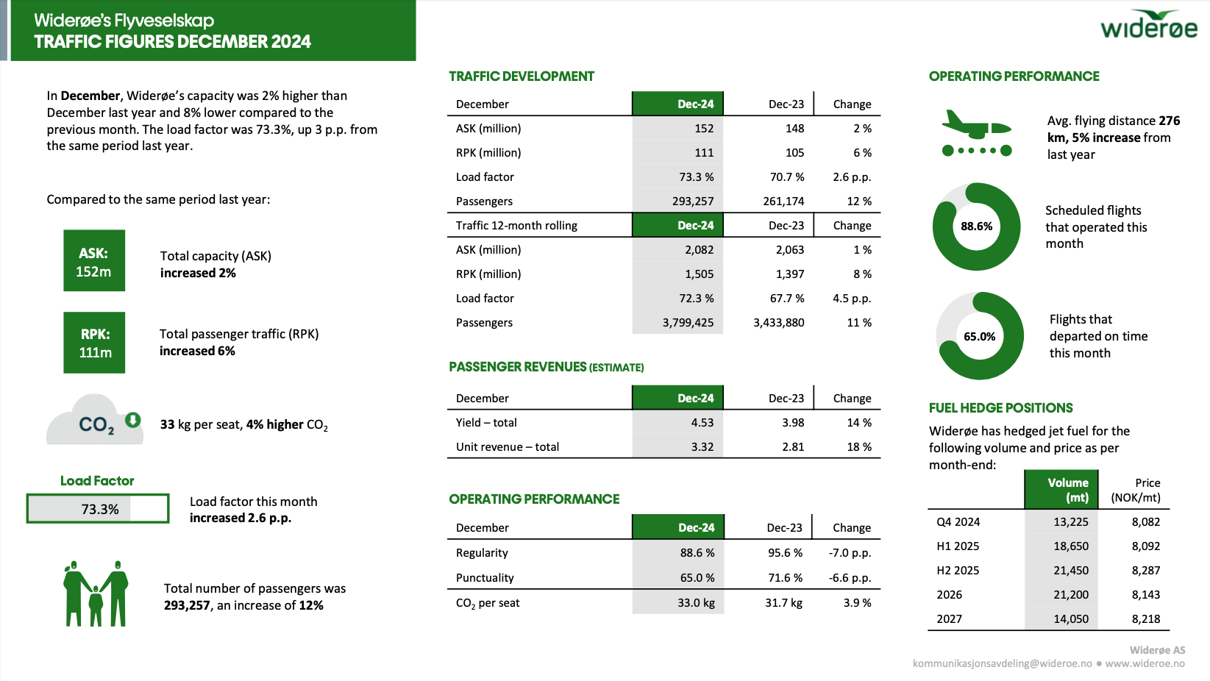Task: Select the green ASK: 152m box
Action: [x=94, y=261]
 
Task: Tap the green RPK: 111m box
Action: [x=94, y=343]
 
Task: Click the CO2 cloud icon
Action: [x=94, y=421]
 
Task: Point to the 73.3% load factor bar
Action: [x=98, y=509]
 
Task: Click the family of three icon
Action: [x=96, y=594]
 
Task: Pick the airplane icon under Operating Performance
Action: [x=977, y=132]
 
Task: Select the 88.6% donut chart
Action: [x=976, y=227]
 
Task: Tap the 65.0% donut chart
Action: [x=979, y=336]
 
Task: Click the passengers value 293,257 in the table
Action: [x=692, y=202]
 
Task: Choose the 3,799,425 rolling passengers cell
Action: [x=688, y=323]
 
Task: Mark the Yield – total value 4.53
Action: [x=702, y=423]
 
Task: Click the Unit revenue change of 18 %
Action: [x=858, y=447]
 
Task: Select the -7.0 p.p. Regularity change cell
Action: [x=850, y=553]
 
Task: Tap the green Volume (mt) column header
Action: [x=1061, y=490]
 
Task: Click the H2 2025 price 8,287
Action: [x=1145, y=571]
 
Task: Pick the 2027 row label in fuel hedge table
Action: [x=949, y=619]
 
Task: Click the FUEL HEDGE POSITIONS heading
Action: [x=1000, y=408]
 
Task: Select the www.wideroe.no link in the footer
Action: [x=1145, y=663]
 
